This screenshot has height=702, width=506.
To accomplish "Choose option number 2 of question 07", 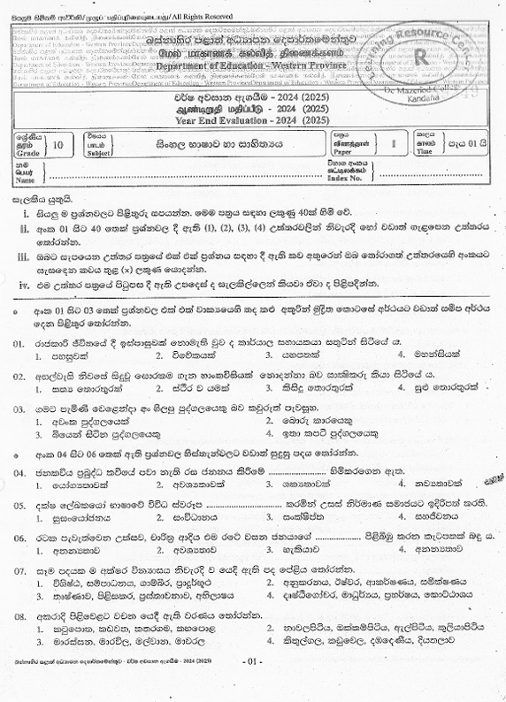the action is (x=272, y=587).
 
